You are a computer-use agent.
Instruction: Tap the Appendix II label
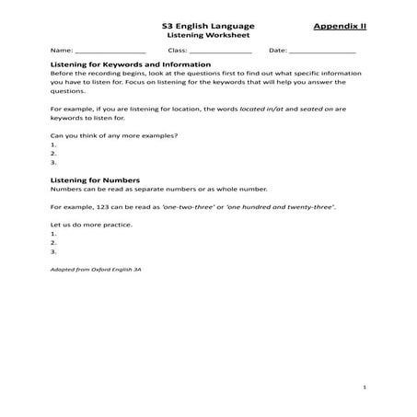[x=339, y=27]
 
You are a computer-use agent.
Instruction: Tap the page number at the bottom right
[x=365, y=388]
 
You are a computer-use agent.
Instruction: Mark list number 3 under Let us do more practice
[x=54, y=250]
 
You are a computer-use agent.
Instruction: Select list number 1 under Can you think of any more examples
[x=54, y=145]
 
